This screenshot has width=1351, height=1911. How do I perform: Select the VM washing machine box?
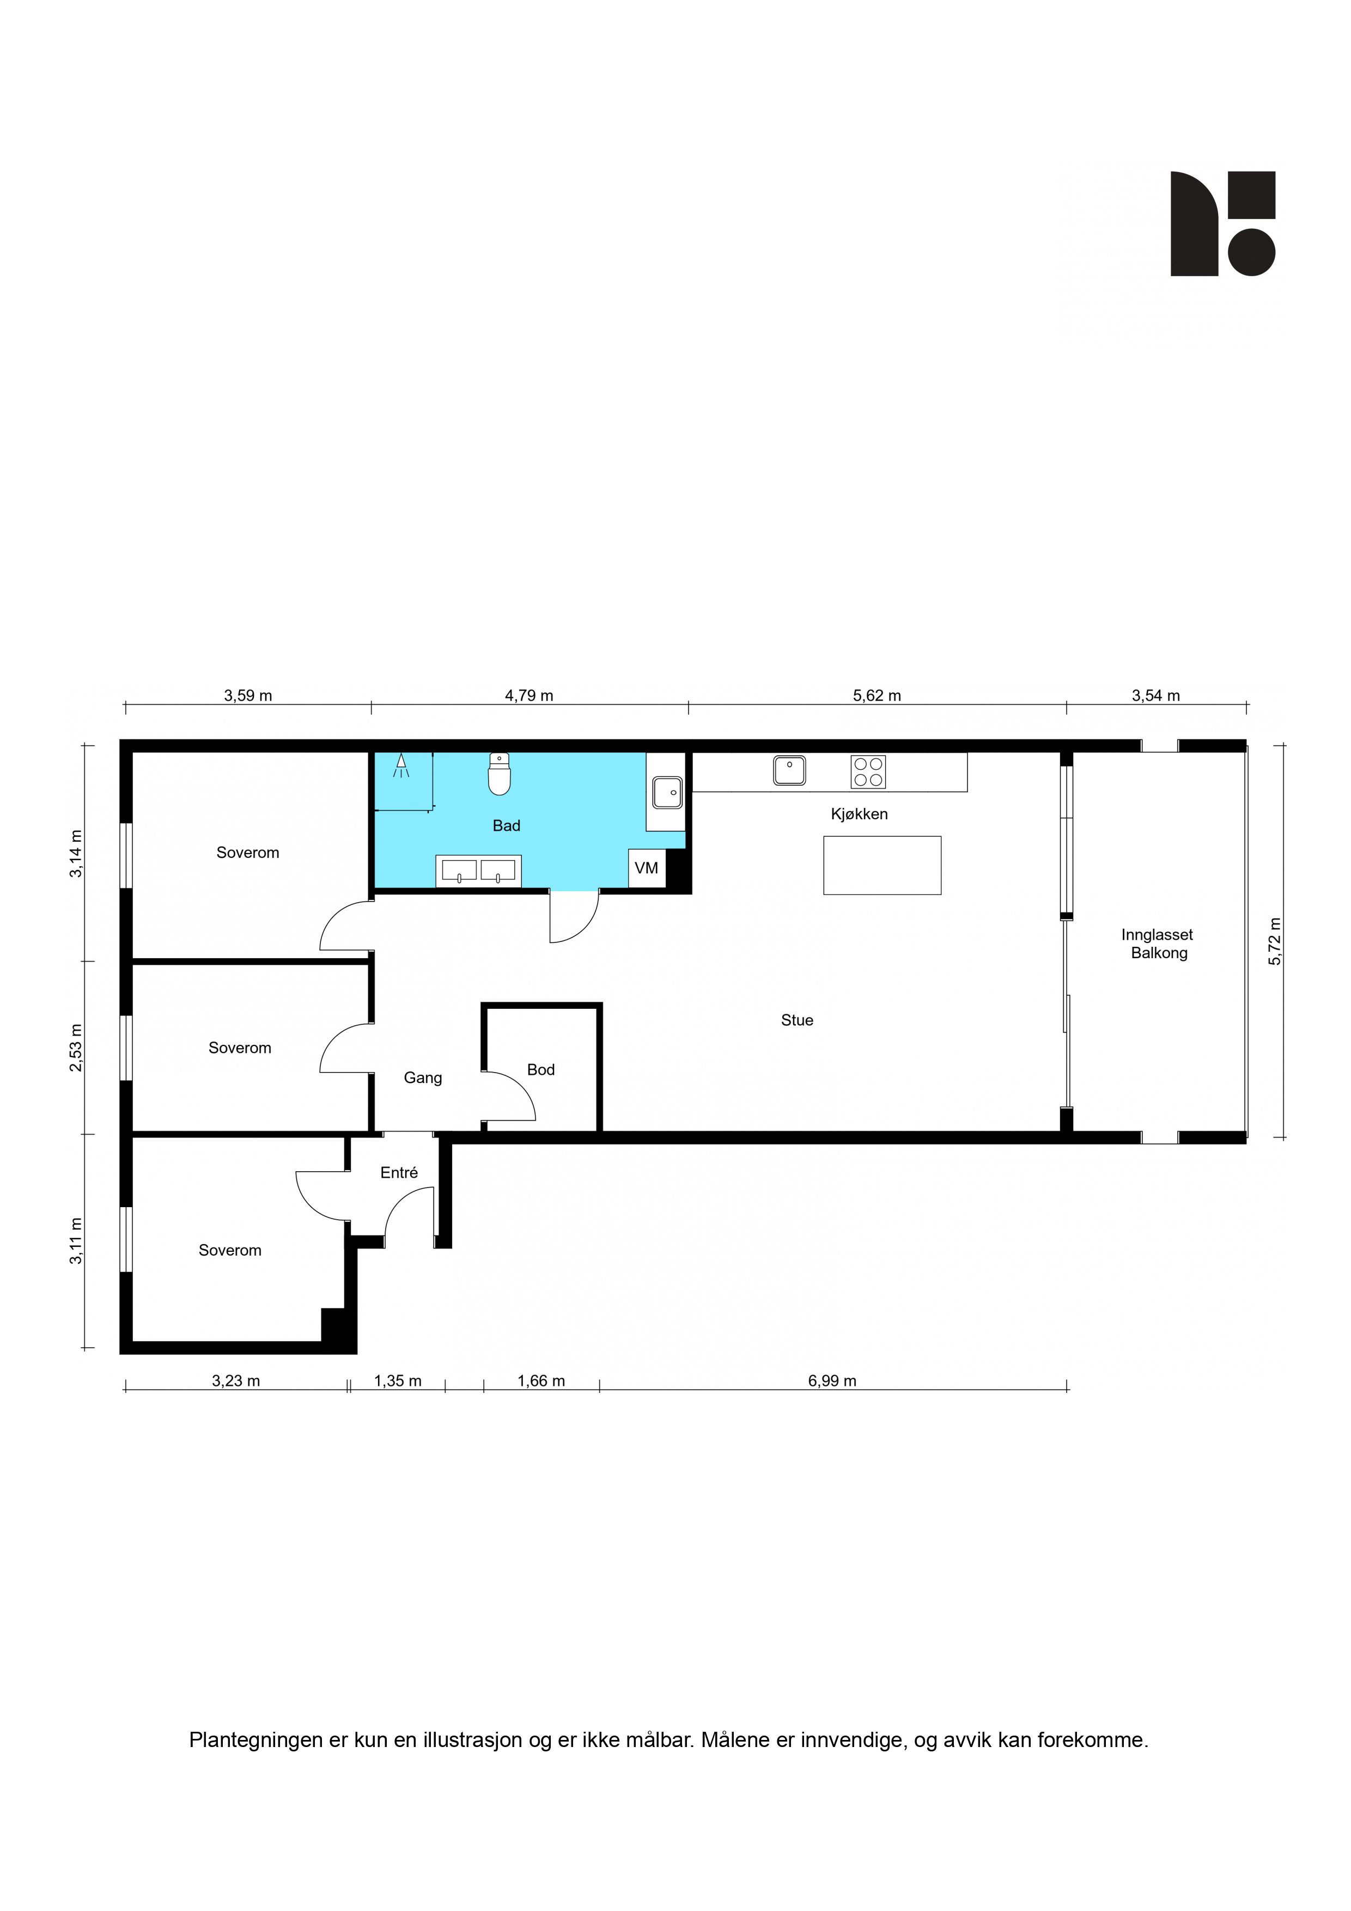[647, 868]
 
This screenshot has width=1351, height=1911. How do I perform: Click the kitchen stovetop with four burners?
[867, 771]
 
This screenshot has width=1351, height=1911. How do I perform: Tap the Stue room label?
[796, 1020]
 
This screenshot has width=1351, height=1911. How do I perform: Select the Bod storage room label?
[540, 1069]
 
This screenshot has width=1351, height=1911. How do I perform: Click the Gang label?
[423, 1078]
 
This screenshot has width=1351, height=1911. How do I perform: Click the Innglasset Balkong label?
[1158, 944]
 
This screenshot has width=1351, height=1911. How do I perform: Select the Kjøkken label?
[859, 814]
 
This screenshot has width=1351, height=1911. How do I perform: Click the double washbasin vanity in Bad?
[479, 871]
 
